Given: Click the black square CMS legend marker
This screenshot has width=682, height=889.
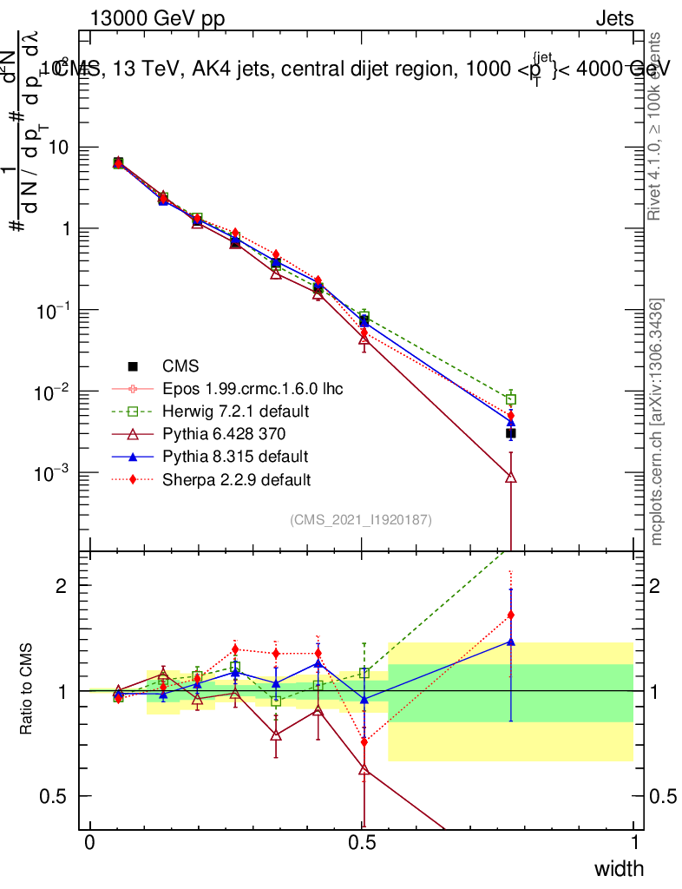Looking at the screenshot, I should coord(134,365).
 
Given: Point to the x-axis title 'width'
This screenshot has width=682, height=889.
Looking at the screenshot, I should coord(619,868).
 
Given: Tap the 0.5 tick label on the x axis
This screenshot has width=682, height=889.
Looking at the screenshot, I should coord(363,843).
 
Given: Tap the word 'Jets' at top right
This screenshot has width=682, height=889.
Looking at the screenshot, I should coord(613,19).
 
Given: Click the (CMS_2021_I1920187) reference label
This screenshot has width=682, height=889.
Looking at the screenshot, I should coord(361,519).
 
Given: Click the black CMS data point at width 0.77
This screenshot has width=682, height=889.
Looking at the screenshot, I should coord(511,432).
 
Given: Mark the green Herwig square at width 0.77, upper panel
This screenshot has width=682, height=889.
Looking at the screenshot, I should coord(511,399).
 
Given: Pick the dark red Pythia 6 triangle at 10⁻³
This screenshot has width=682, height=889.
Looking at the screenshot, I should coord(511,477).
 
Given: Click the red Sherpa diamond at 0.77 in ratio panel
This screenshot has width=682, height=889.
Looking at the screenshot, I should coord(511,615).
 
